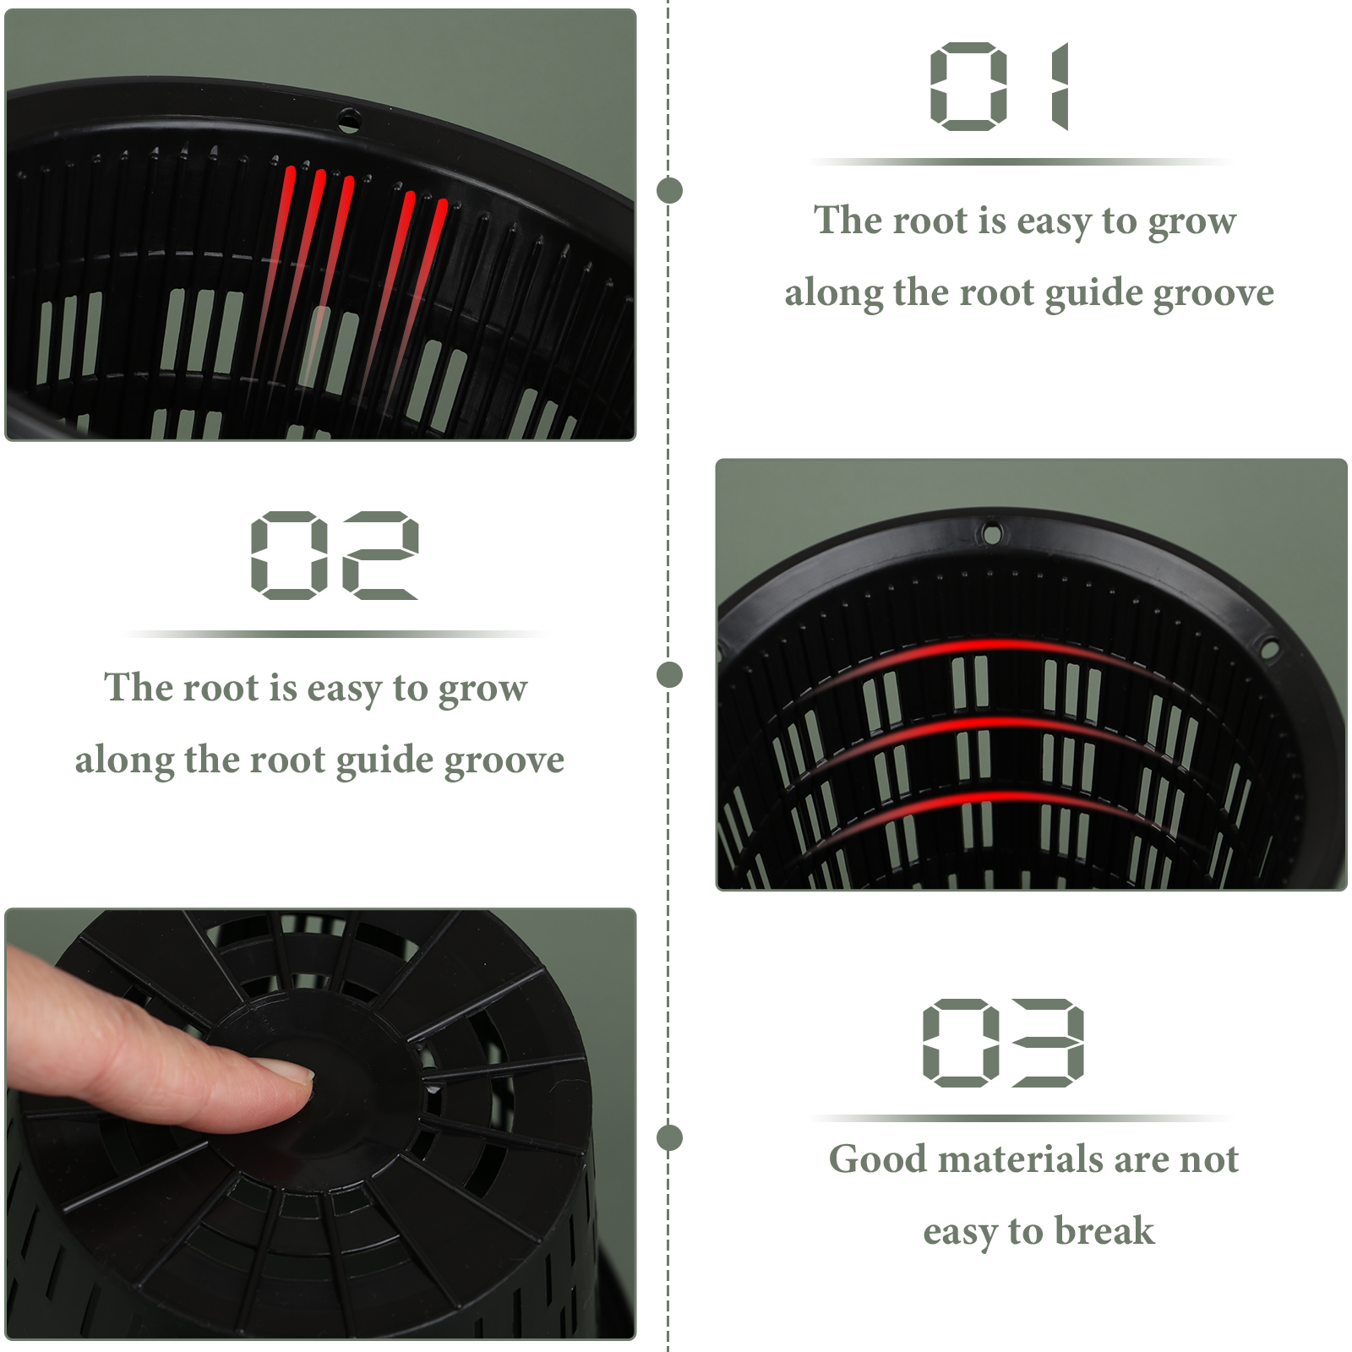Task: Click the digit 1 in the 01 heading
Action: coord(1060,86)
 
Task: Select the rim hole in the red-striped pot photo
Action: coord(349,120)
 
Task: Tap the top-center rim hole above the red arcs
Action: coord(992,533)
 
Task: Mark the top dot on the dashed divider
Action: coord(669,190)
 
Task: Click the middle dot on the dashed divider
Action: coord(669,674)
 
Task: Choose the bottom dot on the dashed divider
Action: coord(669,1137)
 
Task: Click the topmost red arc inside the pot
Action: coord(997,646)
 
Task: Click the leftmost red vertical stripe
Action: coord(275,253)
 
